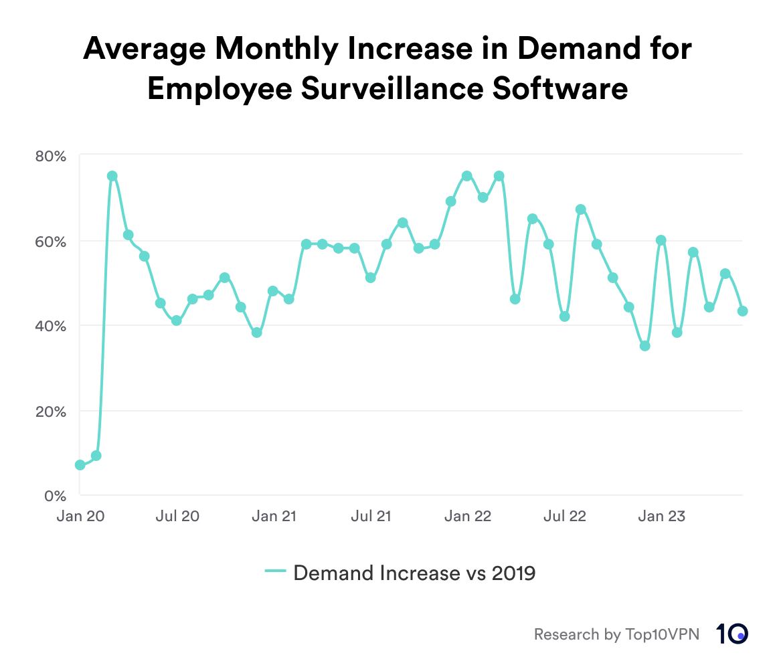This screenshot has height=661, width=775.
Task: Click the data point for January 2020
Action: point(80,465)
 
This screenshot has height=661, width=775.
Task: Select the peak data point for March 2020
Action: point(112,176)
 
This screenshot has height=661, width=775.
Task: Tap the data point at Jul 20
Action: point(177,320)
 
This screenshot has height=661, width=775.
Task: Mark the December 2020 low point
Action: point(257,333)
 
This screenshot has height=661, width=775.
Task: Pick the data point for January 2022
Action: point(467,176)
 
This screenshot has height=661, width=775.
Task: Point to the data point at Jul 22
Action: point(564,316)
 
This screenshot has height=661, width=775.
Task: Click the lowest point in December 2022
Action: point(645,346)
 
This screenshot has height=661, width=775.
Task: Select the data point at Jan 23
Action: point(661,240)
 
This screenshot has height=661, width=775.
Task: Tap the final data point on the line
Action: point(742,311)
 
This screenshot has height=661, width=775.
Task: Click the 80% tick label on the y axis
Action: point(51,157)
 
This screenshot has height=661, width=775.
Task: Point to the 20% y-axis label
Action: point(51,411)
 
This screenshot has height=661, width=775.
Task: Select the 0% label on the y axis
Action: point(55,496)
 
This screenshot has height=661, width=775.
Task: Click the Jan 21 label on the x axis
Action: point(274,516)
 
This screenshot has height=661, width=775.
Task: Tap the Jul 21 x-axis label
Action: point(371,516)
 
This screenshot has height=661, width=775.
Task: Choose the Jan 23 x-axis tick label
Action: point(661,516)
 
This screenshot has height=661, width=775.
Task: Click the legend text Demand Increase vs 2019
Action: point(414,573)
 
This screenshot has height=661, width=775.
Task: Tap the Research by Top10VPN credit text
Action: point(616,634)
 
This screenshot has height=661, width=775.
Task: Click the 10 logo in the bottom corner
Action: point(732,634)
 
